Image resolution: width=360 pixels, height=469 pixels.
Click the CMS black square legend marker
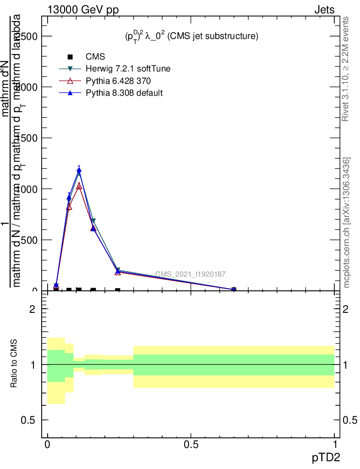coord(70,57)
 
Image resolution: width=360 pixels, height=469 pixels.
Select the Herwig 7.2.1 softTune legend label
coord(128,69)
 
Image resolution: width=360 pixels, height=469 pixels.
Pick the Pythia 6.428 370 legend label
coord(118,81)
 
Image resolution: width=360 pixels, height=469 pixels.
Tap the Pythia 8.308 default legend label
coord(124,93)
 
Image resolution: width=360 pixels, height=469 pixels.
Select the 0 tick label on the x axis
coord(47,445)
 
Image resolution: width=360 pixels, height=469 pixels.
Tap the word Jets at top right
coord(324,10)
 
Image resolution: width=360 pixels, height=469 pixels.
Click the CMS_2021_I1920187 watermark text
coord(190,274)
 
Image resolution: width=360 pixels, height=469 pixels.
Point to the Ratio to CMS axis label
coord(14,364)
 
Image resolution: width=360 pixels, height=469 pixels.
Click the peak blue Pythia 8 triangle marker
coord(79,170)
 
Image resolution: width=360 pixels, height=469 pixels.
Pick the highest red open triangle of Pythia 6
coord(79,186)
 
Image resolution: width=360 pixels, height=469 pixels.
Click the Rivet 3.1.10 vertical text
coord(346,69)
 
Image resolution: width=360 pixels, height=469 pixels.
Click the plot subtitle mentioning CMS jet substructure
coord(191,36)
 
